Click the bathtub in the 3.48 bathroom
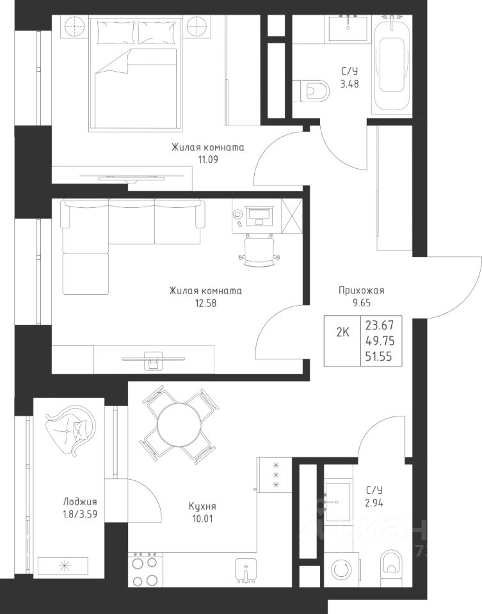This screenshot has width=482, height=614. click(x=392, y=65)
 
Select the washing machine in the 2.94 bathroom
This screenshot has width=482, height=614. click(x=341, y=569)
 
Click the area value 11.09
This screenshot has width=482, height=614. click(x=207, y=160)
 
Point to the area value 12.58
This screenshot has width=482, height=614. click(x=205, y=303)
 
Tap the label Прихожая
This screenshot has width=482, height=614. click(x=361, y=290)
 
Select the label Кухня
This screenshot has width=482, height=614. click(x=202, y=507)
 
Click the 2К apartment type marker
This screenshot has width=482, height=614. click(x=342, y=333)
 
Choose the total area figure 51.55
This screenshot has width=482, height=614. click(x=379, y=357)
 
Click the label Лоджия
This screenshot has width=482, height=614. click(x=80, y=502)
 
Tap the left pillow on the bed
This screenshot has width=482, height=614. click(x=116, y=32)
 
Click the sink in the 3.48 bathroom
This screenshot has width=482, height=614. click(x=348, y=28)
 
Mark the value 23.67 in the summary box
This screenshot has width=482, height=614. click(x=380, y=326)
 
